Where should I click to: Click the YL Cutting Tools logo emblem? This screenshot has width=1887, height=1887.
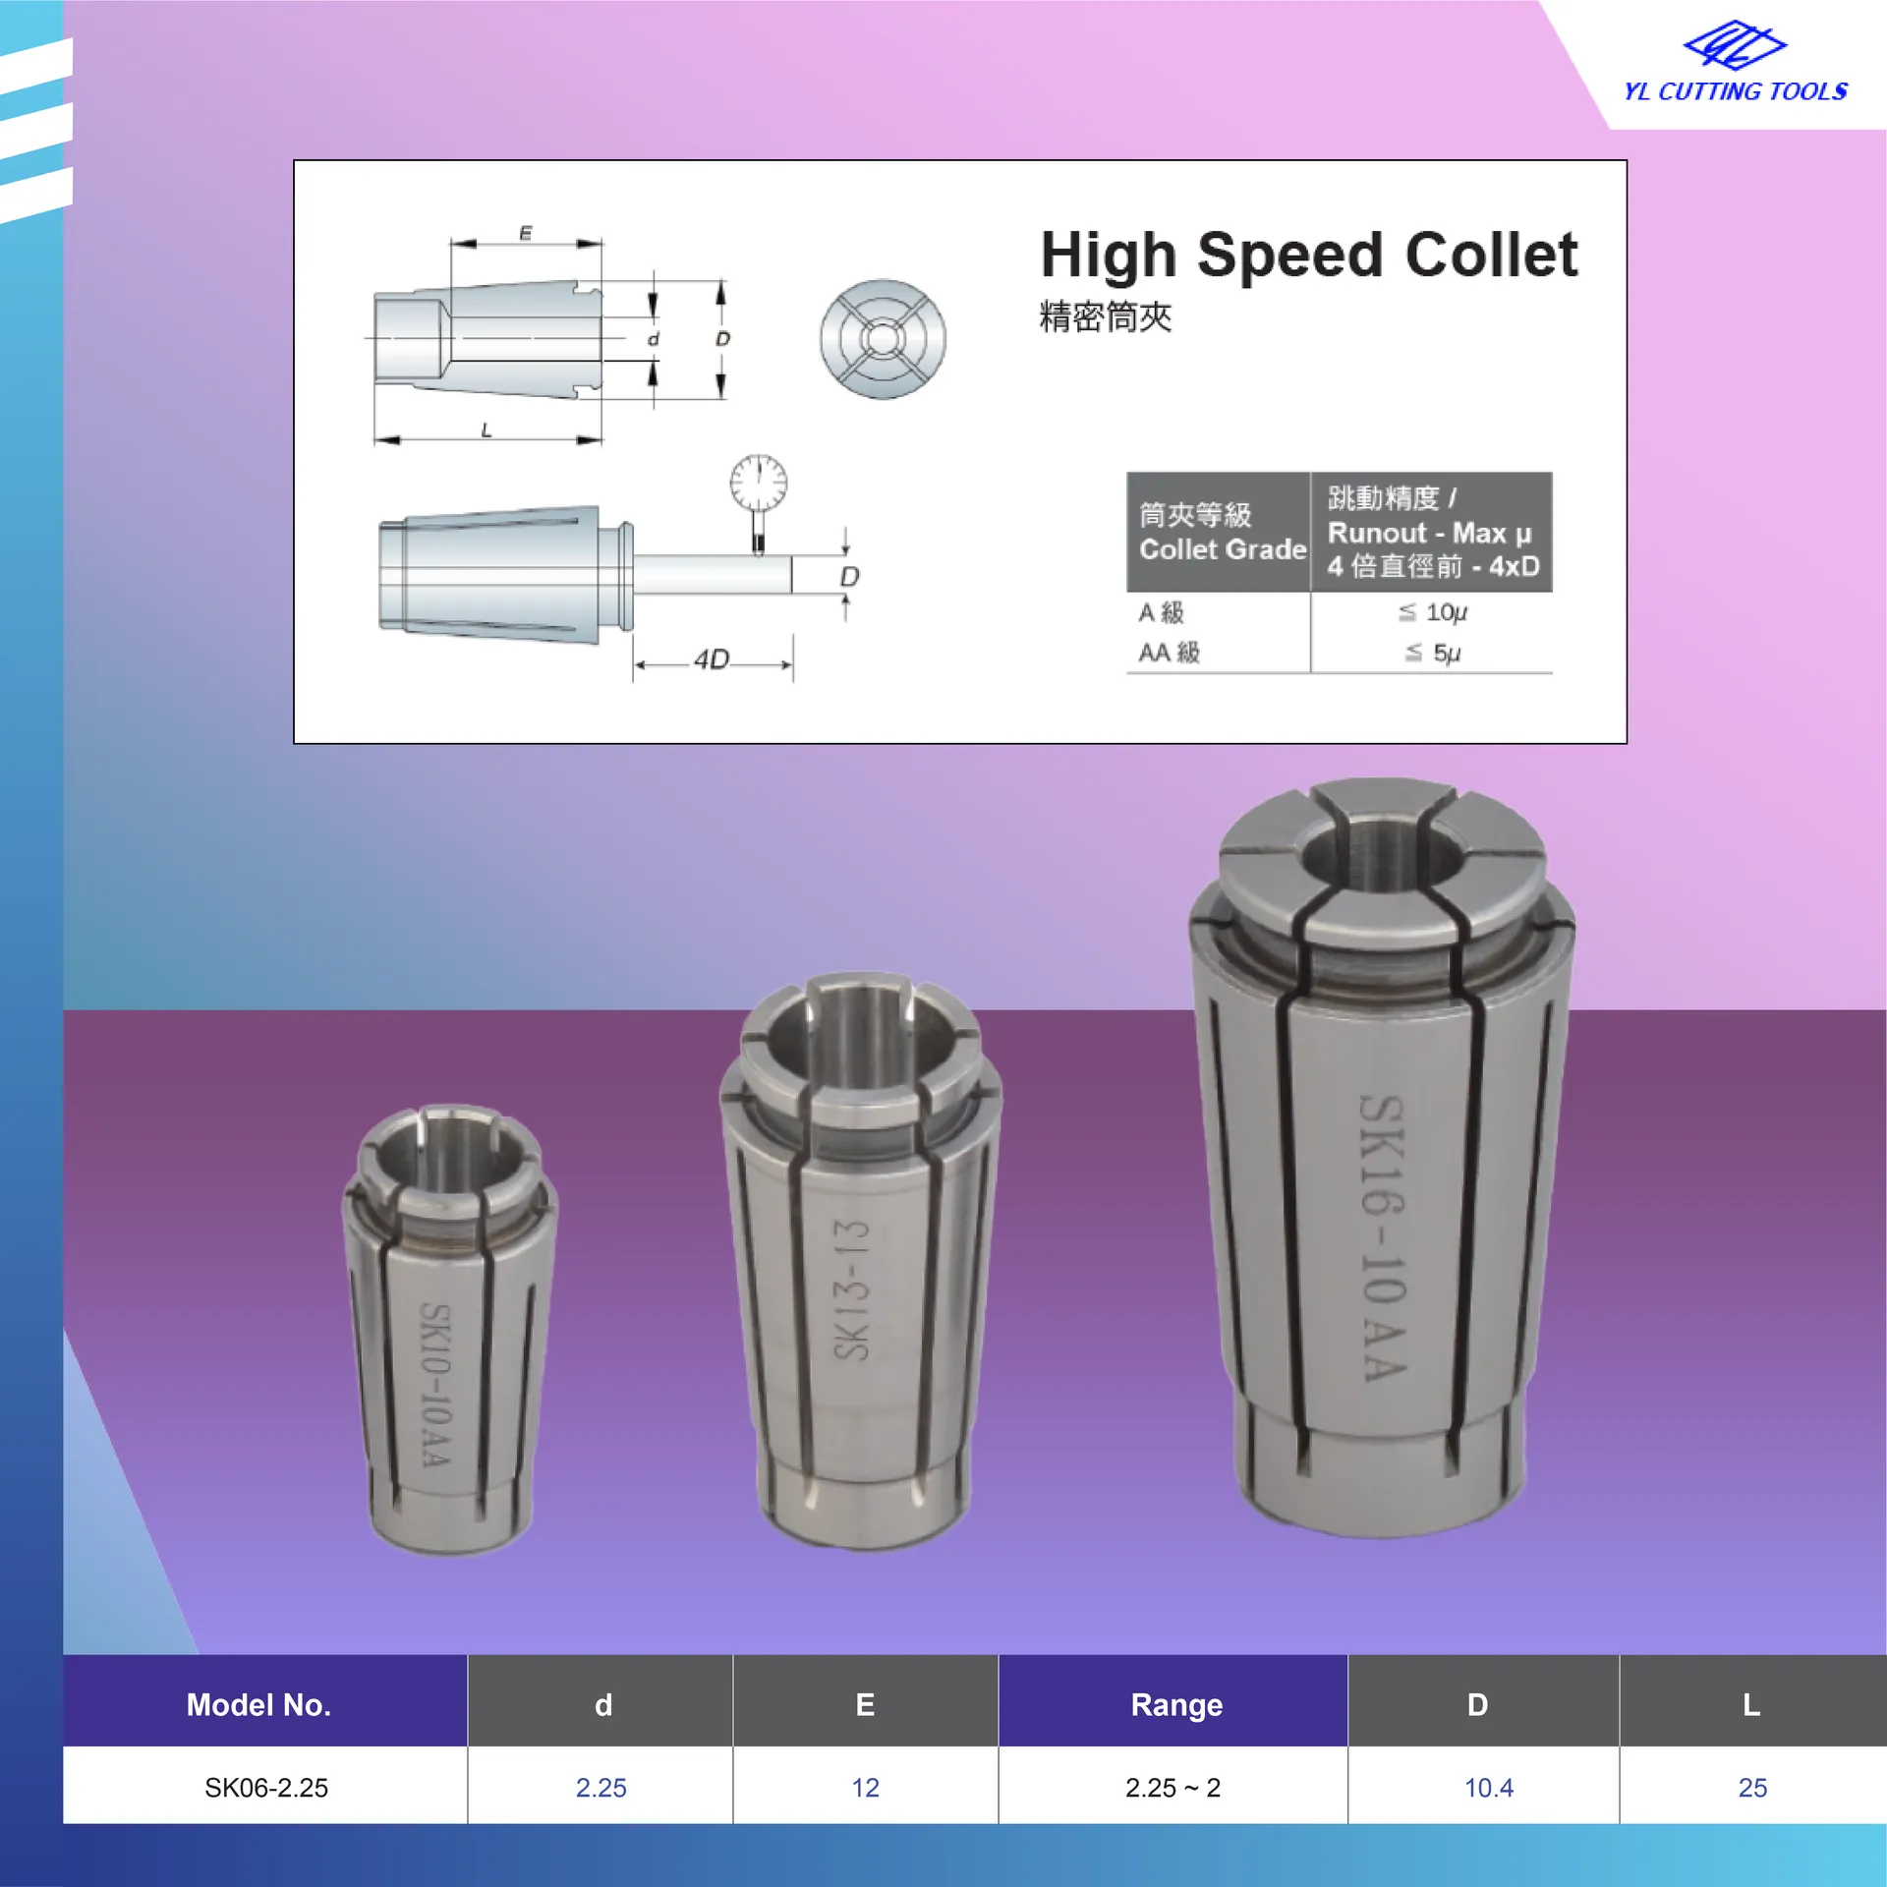pyautogui.click(x=1735, y=45)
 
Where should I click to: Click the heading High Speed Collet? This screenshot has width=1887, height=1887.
pyautogui.click(x=1309, y=256)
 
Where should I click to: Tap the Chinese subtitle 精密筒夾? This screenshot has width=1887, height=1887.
pyautogui.click(x=1106, y=317)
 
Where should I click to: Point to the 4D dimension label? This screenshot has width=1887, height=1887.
pyautogui.click(x=712, y=658)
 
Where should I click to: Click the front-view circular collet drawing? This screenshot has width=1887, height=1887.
pyautogui.click(x=883, y=339)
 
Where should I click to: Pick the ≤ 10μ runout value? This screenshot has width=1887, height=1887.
pyautogui.click(x=1432, y=612)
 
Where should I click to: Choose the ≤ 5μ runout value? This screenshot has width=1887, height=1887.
pyautogui.click(x=1432, y=653)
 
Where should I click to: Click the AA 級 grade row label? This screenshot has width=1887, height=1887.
pyautogui.click(x=1169, y=653)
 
